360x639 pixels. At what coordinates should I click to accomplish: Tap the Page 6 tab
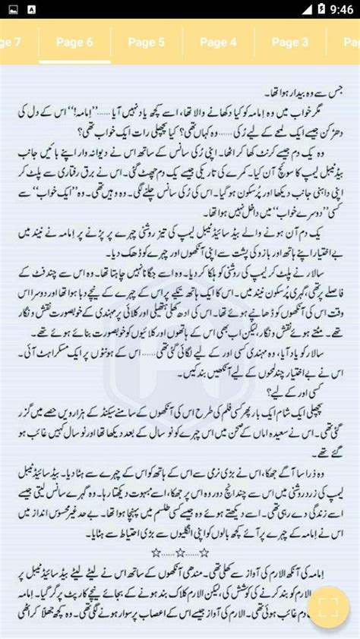(74, 42)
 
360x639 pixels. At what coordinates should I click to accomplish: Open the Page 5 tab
(146, 42)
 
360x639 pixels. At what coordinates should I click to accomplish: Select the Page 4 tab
(218, 42)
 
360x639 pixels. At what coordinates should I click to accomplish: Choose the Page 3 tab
(289, 42)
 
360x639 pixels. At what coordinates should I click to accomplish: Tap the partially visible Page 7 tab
(11, 42)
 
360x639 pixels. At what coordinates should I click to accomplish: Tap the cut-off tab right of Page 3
(352, 42)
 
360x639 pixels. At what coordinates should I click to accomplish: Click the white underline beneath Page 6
(74, 61)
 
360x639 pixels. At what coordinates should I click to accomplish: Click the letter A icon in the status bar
(31, 11)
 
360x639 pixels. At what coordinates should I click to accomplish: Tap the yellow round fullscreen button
(328, 607)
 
